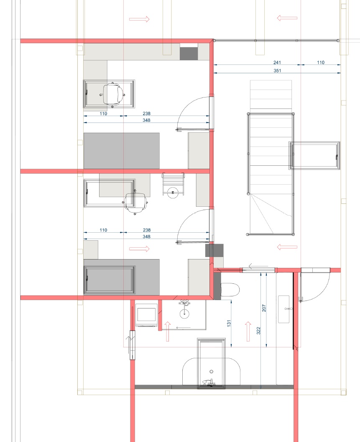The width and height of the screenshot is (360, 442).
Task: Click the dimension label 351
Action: pyautogui.click(x=277, y=71)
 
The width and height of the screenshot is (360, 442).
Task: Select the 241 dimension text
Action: pyautogui.click(x=277, y=62)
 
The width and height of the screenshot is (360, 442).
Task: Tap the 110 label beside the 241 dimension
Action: pyautogui.click(x=320, y=62)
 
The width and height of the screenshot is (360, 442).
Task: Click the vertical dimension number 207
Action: pyautogui.click(x=264, y=308)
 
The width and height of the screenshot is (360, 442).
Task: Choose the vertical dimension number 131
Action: pyautogui.click(x=229, y=324)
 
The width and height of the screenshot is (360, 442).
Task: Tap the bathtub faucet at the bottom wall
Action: pyautogui.click(x=208, y=382)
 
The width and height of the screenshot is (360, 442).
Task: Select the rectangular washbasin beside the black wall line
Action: pyautogui.click(x=286, y=309)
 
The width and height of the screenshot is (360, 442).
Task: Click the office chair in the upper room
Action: pyautogui.click(x=114, y=93)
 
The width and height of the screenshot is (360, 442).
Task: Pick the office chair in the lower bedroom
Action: pyautogui.click(x=136, y=201)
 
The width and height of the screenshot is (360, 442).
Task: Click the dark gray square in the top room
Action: pyautogui.click(x=189, y=53)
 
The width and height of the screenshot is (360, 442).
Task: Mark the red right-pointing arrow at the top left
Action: pyautogui.click(x=139, y=19)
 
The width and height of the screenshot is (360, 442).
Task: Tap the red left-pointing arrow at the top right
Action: pyautogui.click(x=287, y=18)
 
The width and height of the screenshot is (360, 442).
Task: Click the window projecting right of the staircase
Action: pyautogui.click(x=315, y=156)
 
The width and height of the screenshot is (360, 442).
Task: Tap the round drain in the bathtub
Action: pyautogui.click(x=212, y=371)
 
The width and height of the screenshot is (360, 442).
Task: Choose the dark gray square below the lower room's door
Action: pyautogui.click(x=214, y=250)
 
